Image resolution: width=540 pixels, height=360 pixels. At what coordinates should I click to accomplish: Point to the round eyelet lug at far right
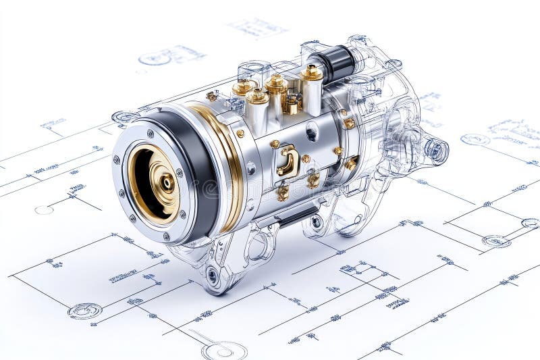[x=436, y=151]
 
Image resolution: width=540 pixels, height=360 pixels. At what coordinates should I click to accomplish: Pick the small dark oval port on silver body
[x=311, y=132]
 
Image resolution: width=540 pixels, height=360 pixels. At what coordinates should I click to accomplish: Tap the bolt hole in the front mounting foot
[x=213, y=275]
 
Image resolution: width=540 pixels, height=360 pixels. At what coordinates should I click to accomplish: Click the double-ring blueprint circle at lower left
[x=85, y=311]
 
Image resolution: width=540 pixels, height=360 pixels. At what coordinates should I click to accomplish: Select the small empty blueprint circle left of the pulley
[x=44, y=210]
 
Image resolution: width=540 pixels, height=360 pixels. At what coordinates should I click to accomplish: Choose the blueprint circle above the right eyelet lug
[x=475, y=140]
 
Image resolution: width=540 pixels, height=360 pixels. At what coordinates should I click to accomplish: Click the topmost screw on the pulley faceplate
[x=150, y=134]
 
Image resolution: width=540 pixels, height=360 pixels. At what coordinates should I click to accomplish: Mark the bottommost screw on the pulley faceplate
[x=166, y=237]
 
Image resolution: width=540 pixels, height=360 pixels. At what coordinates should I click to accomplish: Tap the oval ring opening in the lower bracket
[x=258, y=247]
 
